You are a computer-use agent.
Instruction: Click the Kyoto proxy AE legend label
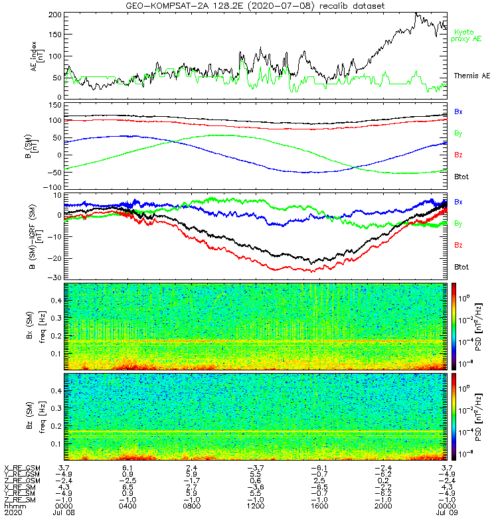pyautogui.click(x=467, y=35)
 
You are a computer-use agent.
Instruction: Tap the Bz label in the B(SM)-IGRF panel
pyautogui.click(x=458, y=245)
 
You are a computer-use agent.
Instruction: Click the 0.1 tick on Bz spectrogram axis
pyautogui.click(x=56, y=443)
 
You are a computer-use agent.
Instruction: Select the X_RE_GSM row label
pyautogui.click(x=23, y=468)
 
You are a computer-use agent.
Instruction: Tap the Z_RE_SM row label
pyautogui.click(x=23, y=500)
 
